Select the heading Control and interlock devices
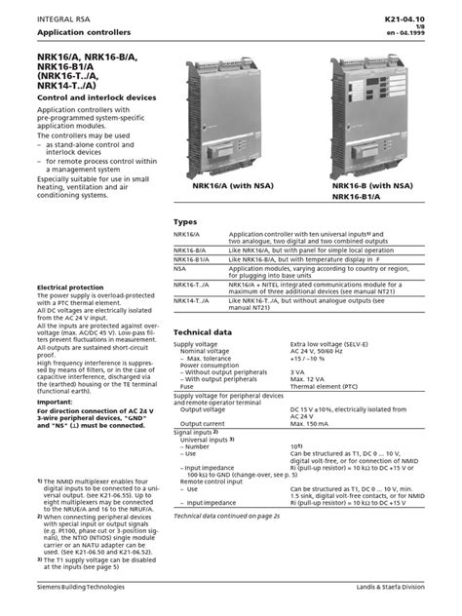click(93, 127)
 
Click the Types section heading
click(185, 221)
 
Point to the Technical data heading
click(203, 332)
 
